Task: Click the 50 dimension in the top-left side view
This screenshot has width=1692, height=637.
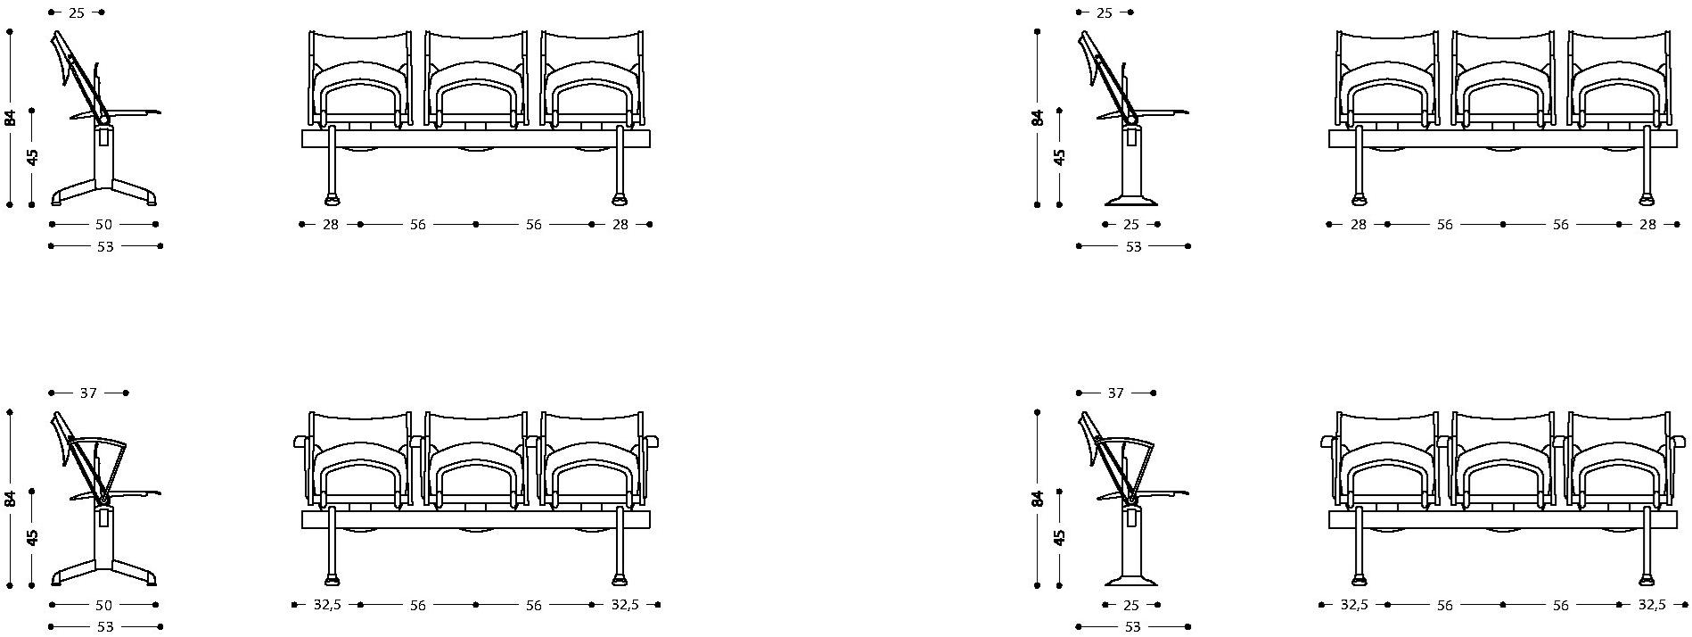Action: [104, 225]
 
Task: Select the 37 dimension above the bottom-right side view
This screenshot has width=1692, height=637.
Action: [1115, 393]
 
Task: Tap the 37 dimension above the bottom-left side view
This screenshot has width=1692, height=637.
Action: [88, 393]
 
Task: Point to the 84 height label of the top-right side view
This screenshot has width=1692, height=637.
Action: [1038, 117]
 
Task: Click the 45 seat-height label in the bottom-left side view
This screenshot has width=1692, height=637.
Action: [33, 538]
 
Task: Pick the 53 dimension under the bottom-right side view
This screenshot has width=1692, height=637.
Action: [1132, 627]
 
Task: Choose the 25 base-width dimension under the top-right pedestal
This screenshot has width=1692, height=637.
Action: [1131, 225]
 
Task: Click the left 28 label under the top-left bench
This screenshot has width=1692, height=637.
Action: [331, 225]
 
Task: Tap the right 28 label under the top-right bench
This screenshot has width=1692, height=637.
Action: [1647, 225]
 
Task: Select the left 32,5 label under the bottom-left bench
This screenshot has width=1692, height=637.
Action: [327, 605]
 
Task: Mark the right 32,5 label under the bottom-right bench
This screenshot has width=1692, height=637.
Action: [1652, 605]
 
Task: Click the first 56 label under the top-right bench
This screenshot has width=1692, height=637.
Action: [1445, 225]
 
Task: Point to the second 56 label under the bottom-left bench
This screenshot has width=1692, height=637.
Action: [533, 605]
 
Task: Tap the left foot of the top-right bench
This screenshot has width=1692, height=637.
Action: [1360, 197]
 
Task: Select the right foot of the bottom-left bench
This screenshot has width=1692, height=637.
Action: [620, 578]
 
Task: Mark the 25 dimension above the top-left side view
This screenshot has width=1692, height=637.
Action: [76, 12]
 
